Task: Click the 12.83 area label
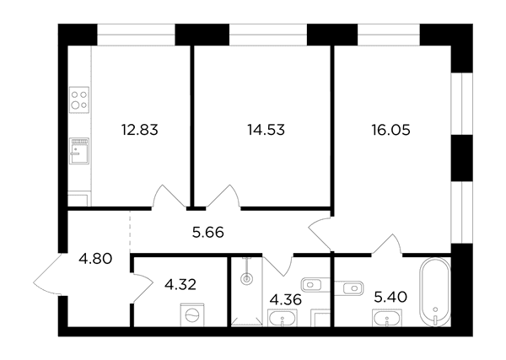140,130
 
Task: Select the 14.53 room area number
266,130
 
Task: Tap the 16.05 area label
390,130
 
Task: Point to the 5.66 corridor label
207,232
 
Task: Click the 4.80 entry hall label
95,258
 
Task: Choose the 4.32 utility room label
180,284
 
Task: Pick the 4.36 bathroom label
286,299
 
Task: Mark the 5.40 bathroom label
390,297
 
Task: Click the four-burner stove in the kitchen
79,99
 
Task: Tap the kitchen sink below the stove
79,151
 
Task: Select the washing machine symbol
192,315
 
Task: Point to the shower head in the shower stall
247,278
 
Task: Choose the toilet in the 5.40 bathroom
349,287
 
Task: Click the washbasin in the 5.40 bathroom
387,318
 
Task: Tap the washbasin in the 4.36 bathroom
283,318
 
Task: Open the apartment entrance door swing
48,274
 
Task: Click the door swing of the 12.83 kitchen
169,196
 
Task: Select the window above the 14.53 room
268,35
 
